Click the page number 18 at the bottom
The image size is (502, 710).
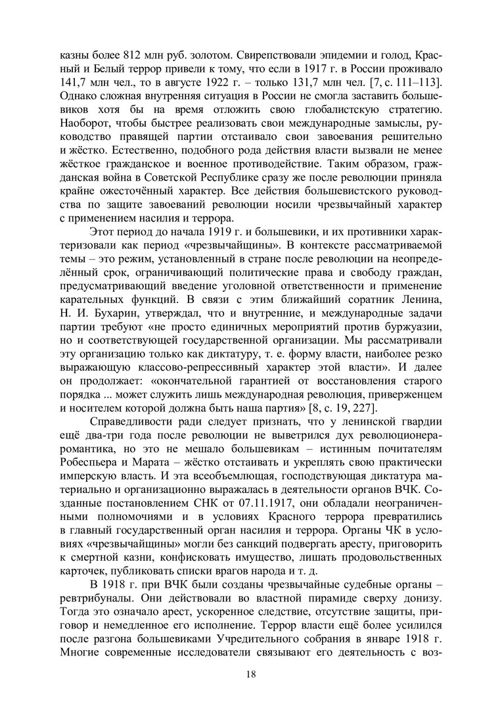251,673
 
